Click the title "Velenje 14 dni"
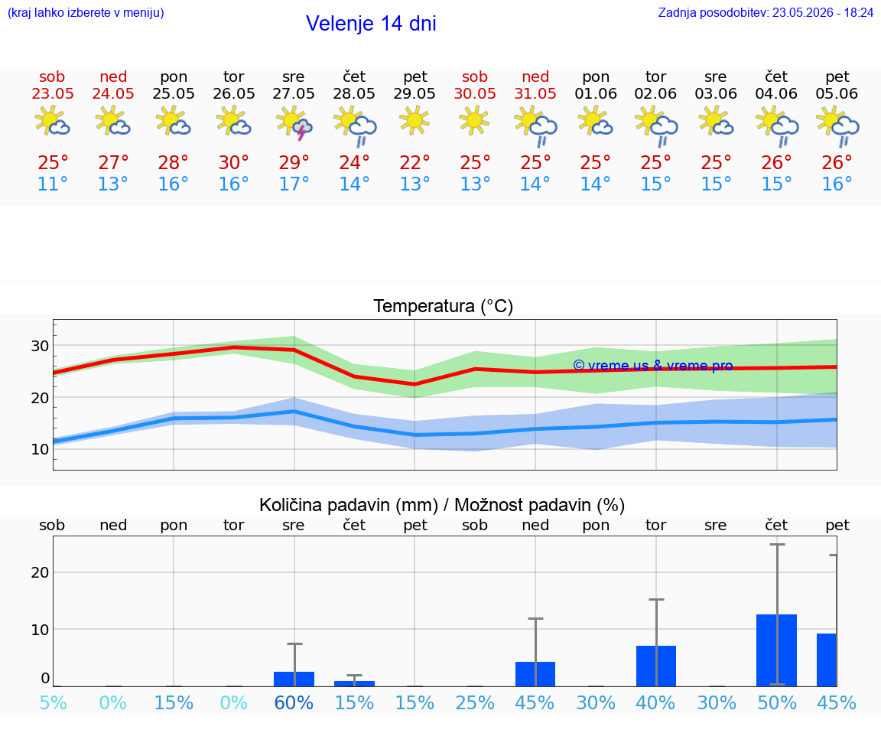pyautogui.click(x=371, y=24)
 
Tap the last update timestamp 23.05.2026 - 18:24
pyautogui.click(x=823, y=13)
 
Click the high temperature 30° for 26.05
pyautogui.click(x=234, y=163)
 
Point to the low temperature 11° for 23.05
pyautogui.click(x=52, y=184)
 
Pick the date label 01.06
pyautogui.click(x=596, y=94)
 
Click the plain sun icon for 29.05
pyautogui.click(x=414, y=120)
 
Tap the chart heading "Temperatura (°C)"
pyautogui.click(x=444, y=306)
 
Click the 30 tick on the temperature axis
pyautogui.click(x=40, y=346)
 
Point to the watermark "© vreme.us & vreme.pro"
pyautogui.click(x=653, y=366)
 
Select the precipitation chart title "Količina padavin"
pyautogui.click(x=349, y=505)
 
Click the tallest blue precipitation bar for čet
pyautogui.click(x=776, y=650)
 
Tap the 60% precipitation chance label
pyautogui.click(x=294, y=703)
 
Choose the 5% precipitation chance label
pyautogui.click(x=54, y=703)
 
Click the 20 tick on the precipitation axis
pyautogui.click(x=40, y=572)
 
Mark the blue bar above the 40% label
pyautogui.click(x=656, y=666)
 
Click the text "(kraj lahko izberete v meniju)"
pyautogui.click(x=86, y=13)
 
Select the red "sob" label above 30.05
pyautogui.click(x=475, y=77)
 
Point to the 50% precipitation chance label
pyautogui.click(x=777, y=703)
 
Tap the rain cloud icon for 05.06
pyautogui.click(x=837, y=127)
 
